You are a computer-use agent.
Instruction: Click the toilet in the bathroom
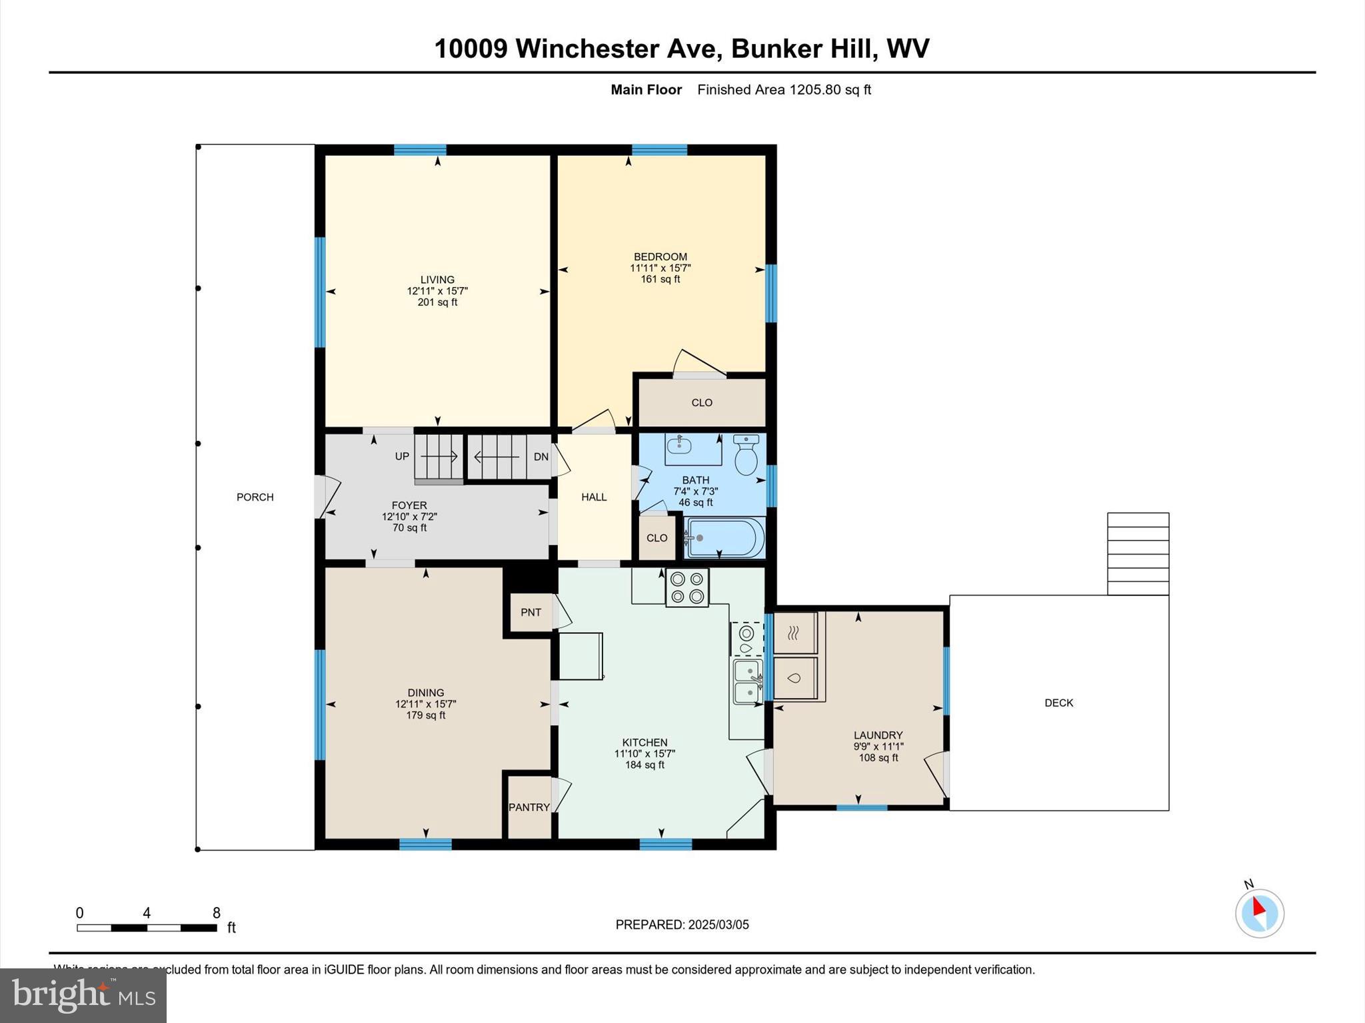[746, 456]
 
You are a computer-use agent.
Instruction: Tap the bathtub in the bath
[726, 537]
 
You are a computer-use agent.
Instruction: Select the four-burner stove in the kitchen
[687, 587]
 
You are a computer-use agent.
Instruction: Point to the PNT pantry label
[531, 612]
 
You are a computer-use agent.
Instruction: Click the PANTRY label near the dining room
[529, 807]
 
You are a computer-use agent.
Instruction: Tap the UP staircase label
[402, 456]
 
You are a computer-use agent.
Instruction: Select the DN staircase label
[541, 457]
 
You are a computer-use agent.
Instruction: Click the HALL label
[594, 497]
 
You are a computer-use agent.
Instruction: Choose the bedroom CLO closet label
[702, 402]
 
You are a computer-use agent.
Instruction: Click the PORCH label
[255, 497]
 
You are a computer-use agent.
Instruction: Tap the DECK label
[1058, 703]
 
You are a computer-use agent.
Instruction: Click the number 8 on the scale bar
[216, 913]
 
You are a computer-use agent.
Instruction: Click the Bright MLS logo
[83, 996]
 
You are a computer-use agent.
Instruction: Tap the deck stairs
[1138, 553]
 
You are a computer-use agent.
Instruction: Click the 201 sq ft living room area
[437, 302]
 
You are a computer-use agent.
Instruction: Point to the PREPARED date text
[682, 924]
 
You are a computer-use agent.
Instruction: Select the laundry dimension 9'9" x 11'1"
[878, 747]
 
